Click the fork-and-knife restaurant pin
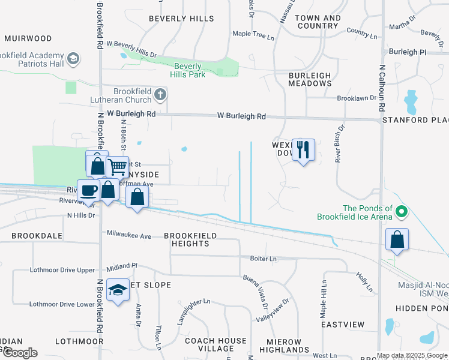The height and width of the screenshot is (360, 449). (x=303, y=149)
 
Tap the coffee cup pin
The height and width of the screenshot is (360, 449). (x=89, y=191)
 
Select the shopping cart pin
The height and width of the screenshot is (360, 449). (x=118, y=167)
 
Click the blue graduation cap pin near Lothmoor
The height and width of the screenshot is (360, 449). (x=118, y=290)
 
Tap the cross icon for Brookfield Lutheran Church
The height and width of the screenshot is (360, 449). (x=160, y=94)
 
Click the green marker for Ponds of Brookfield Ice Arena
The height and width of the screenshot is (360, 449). (x=402, y=211)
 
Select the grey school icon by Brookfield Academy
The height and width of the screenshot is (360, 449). (x=73, y=58)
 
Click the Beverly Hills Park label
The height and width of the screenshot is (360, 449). (x=190, y=71)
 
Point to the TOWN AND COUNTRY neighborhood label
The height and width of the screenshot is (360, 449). (x=318, y=22)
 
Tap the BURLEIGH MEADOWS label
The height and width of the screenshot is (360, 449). (x=310, y=79)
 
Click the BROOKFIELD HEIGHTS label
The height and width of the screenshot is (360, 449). (x=187, y=239)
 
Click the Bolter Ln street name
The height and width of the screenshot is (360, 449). (x=263, y=258)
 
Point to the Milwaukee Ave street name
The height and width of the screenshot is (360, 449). (x=128, y=236)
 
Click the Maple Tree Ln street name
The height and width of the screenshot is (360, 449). (x=253, y=35)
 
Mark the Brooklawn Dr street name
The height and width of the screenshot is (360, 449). (x=356, y=98)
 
